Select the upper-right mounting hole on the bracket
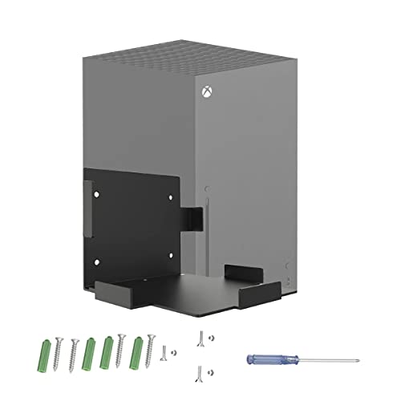tap(169, 192)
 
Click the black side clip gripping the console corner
tap(192, 218)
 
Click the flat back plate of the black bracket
tap(132, 225)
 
